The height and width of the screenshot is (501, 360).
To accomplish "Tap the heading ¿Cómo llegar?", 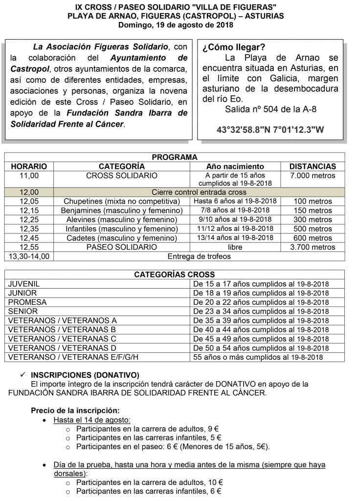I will (x=233, y=47).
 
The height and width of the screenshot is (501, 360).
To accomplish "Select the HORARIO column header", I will (x=29, y=166).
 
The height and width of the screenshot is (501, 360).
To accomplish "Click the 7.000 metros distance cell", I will (x=313, y=175).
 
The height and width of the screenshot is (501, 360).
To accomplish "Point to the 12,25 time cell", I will (x=29, y=220).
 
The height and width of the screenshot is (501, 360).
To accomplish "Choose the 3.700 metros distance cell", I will (x=313, y=247).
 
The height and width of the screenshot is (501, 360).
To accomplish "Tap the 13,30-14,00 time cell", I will (x=29, y=256).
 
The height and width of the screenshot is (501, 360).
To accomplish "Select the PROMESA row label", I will (x=27, y=302).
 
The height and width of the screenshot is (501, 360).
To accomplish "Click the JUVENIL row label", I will (x=24, y=284).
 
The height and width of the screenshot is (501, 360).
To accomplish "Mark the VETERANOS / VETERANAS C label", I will (x=62, y=339).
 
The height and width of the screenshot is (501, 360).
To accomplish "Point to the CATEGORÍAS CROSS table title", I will (x=174, y=274).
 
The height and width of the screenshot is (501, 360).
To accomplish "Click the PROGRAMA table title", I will (x=174, y=157).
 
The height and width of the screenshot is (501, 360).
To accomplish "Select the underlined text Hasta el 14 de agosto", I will (x=91, y=420).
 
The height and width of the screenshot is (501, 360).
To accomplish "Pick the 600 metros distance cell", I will (x=313, y=238).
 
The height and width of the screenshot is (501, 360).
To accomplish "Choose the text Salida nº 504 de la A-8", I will (x=268, y=108).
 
